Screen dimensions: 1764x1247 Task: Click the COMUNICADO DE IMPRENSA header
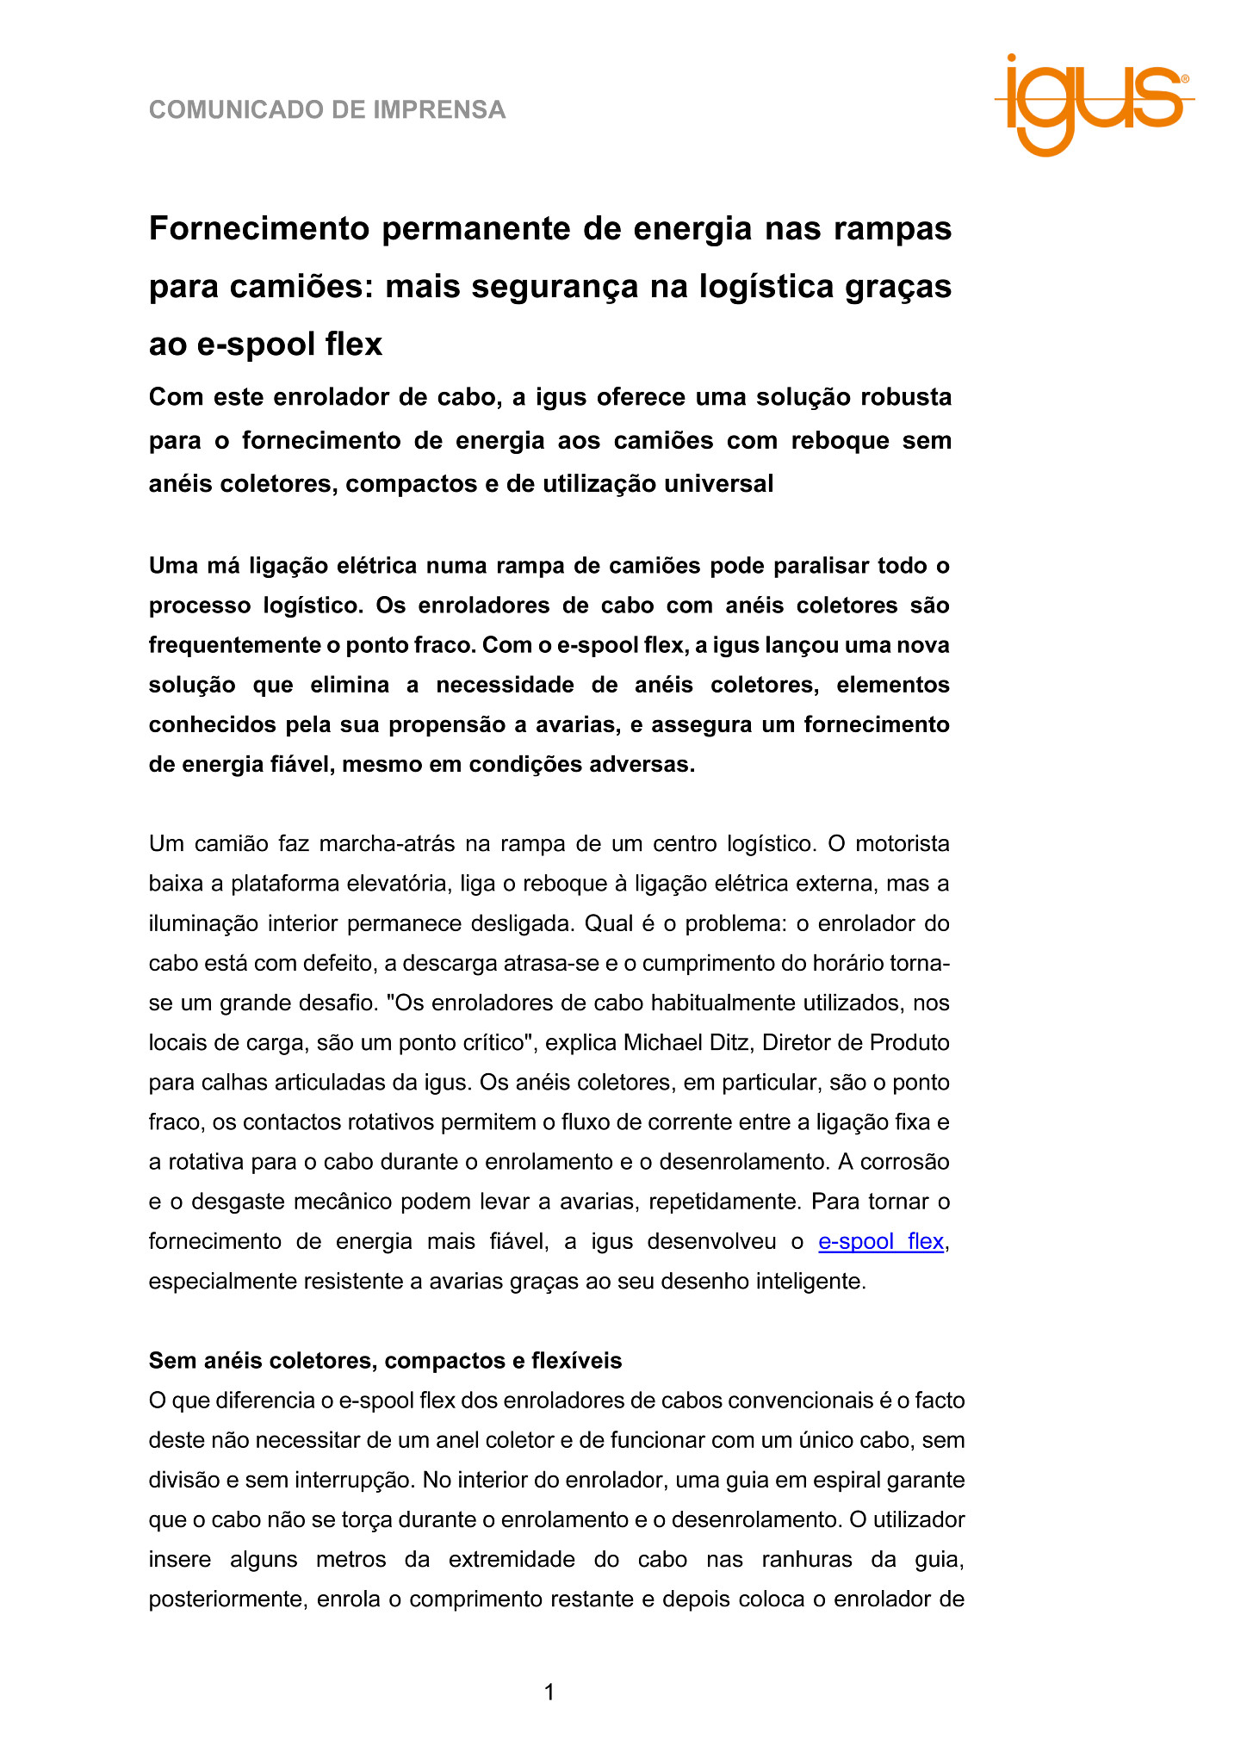click(x=327, y=110)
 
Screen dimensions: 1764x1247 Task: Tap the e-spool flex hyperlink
click(x=880, y=1241)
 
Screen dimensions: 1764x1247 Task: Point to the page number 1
click(x=549, y=1693)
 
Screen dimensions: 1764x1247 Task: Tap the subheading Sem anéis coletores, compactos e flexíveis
click(x=385, y=1360)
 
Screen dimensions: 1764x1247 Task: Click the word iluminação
click(x=203, y=923)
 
